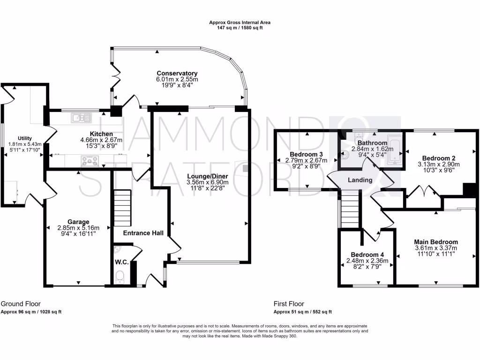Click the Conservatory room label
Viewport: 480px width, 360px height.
177,74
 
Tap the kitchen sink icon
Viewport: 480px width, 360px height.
82,118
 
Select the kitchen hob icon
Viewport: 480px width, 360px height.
90,160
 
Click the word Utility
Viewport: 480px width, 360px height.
25,138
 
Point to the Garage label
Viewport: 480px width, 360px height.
78,222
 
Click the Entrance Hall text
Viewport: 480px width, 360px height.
143,233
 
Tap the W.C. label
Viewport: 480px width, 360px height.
121,262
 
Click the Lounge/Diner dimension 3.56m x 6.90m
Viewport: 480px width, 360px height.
208,182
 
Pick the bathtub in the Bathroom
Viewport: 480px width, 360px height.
394,149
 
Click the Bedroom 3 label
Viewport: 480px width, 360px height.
306,154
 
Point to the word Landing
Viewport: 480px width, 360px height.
360,180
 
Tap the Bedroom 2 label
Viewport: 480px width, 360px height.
439,158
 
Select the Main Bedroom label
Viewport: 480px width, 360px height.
436,242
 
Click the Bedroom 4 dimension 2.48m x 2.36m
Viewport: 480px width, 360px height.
367,261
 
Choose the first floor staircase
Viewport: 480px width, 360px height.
350,209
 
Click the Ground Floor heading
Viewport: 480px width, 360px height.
21,304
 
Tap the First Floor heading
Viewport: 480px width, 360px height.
289,304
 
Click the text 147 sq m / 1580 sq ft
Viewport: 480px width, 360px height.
240,28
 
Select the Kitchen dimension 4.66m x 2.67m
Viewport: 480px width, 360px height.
101,140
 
